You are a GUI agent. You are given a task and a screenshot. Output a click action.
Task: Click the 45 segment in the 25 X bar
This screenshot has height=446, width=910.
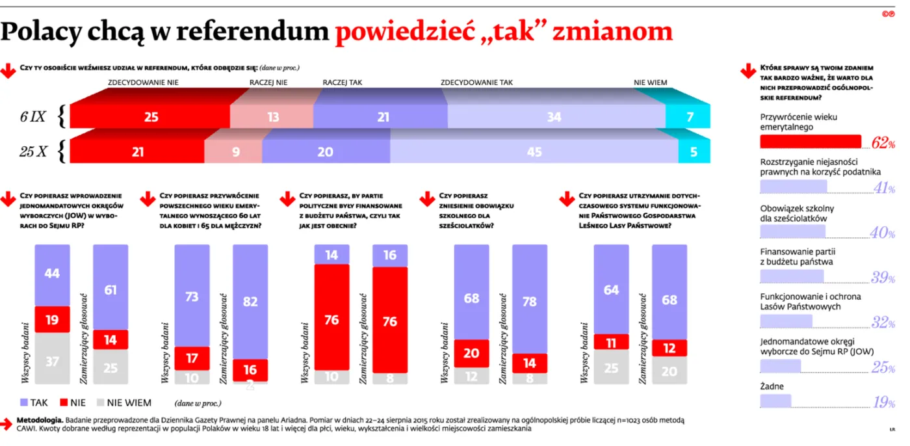point(534,151)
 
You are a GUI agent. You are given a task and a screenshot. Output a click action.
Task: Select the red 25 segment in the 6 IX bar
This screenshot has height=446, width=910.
point(150,117)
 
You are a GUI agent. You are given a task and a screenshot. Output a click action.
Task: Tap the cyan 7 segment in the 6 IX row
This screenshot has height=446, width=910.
point(688,117)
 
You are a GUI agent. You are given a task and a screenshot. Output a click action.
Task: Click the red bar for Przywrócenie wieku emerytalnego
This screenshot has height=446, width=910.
point(810,142)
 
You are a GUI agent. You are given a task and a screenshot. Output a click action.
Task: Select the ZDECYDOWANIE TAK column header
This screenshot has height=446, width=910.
point(476,83)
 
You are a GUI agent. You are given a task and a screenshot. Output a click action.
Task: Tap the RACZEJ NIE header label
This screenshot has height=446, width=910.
point(268,83)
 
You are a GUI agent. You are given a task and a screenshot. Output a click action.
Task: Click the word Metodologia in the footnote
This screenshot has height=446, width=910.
point(42,421)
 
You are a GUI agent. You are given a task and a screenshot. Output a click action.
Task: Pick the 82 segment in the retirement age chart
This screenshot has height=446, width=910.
point(250,302)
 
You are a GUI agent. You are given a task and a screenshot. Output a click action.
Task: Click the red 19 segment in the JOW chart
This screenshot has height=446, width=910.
point(52,319)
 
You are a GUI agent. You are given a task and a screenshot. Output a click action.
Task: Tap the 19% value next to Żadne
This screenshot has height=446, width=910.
point(883,402)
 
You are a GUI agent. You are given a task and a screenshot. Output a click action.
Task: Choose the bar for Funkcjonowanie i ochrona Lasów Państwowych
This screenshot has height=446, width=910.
point(786,321)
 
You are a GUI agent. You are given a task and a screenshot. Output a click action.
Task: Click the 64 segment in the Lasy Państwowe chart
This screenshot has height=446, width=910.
point(611,290)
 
